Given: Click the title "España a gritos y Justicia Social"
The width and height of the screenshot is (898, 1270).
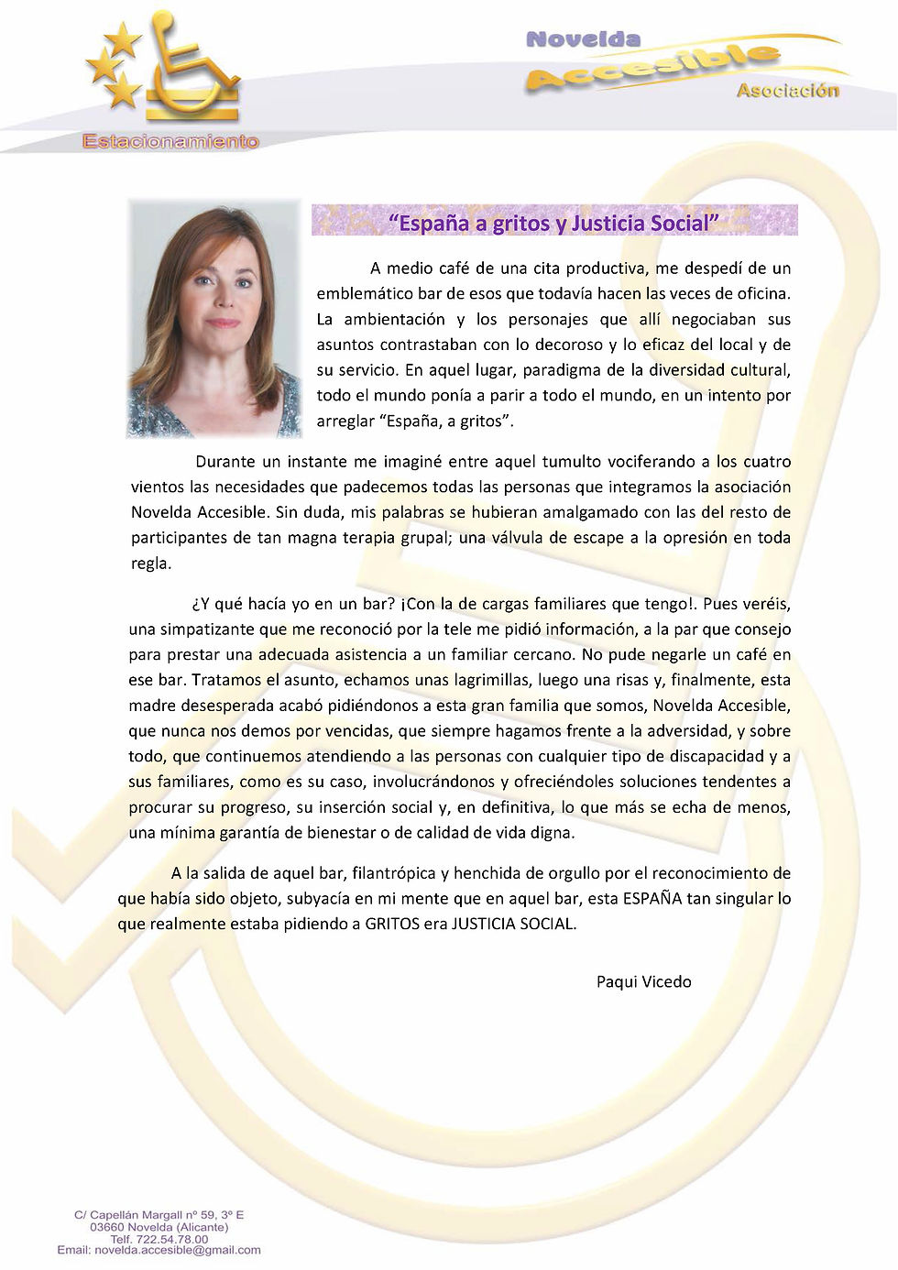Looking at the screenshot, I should (x=554, y=223).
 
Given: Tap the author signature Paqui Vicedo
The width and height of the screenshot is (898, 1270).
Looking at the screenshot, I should (x=643, y=981).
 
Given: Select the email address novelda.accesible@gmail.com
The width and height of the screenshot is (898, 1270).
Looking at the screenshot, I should (x=177, y=1250).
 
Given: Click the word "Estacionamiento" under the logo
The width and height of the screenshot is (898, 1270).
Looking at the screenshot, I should (x=170, y=141).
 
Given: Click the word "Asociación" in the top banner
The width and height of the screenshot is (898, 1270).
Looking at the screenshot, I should (x=787, y=90).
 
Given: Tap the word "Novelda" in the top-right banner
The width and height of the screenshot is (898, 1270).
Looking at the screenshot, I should (x=583, y=39).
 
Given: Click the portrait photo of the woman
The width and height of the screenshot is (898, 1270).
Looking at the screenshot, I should (x=214, y=318).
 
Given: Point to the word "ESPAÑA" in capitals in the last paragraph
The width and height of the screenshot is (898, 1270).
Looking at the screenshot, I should (x=652, y=898).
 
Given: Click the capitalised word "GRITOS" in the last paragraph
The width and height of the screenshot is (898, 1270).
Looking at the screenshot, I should (x=392, y=924).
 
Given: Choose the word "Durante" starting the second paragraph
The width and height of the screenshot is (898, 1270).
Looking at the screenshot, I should (x=224, y=461).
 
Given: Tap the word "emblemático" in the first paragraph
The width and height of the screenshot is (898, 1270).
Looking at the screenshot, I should (x=364, y=293).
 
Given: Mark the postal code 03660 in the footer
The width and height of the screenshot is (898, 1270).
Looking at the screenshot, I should (x=106, y=1227).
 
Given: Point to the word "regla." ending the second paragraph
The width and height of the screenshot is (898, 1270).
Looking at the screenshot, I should (x=151, y=564).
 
